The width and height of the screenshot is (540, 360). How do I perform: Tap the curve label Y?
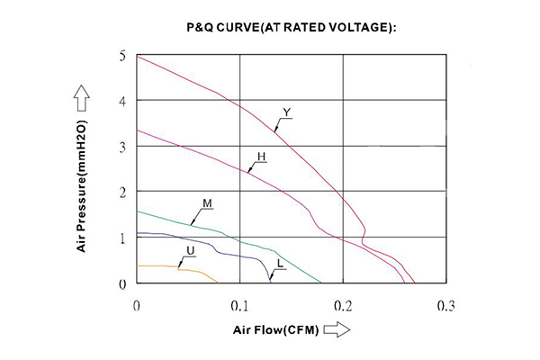(x=286, y=112)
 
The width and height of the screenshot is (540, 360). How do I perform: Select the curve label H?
(x=261, y=157)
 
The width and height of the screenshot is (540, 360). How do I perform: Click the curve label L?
(x=281, y=263)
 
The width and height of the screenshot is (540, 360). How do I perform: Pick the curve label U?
(x=189, y=249)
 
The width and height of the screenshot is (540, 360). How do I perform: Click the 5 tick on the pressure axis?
(x=123, y=56)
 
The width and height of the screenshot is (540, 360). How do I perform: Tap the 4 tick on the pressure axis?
(x=123, y=102)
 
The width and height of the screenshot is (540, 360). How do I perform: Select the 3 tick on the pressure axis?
(x=123, y=147)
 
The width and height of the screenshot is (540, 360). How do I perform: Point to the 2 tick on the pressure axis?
(x=123, y=192)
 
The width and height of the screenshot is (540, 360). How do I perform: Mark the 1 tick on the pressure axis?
(x=123, y=238)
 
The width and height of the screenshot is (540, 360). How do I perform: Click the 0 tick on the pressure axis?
(x=123, y=283)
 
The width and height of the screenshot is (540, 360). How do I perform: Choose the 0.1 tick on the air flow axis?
(x=238, y=306)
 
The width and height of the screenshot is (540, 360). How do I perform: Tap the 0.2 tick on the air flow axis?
(x=342, y=306)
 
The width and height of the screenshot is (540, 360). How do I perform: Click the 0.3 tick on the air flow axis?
(x=445, y=306)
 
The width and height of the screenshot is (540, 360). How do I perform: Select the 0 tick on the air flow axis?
(x=136, y=306)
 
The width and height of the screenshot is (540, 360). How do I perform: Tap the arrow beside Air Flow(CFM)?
(x=335, y=331)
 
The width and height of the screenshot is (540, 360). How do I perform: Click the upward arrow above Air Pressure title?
(x=81, y=94)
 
